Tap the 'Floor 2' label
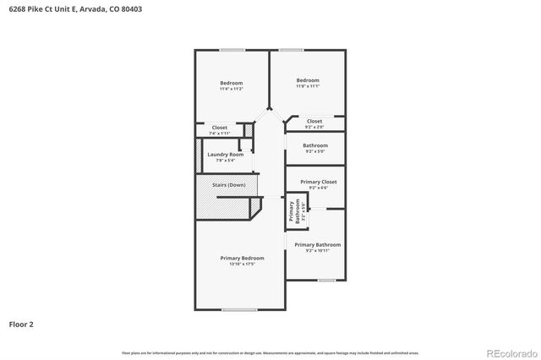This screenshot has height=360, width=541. tap(21, 324)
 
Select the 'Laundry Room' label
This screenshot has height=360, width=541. tap(226, 155)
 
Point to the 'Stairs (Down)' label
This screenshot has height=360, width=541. tap(227, 185)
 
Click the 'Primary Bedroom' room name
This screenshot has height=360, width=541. tap(242, 258)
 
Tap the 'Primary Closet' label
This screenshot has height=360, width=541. tap(318, 182)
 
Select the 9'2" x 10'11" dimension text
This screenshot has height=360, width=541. tap(318, 250)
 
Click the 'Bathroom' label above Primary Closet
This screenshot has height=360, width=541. tap(315, 145)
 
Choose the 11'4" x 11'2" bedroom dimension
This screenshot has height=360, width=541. tap(231, 89)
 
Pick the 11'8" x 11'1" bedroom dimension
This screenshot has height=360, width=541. tap(308, 86)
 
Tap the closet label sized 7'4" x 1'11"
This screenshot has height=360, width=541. tap(220, 128)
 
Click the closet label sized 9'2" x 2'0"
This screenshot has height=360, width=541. tap(314, 121)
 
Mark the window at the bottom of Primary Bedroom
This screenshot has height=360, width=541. tap(239, 309)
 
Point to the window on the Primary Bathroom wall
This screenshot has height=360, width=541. tap(326, 280)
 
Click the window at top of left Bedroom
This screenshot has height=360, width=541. tap(232, 50)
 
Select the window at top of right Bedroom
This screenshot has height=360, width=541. tap(292, 50)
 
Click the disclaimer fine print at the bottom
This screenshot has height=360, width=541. tap(270, 352)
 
